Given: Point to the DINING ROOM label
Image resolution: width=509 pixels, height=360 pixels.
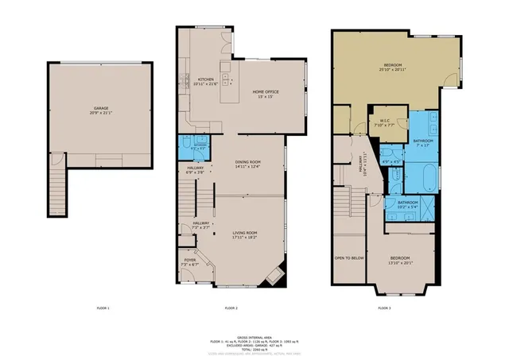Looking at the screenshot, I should [247, 165].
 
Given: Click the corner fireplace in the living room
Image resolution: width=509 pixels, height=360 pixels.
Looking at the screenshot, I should [274, 275].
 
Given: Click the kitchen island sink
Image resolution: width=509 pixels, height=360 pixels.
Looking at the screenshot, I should [227, 79].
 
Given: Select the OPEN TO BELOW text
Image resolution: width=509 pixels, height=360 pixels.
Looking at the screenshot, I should [349, 257].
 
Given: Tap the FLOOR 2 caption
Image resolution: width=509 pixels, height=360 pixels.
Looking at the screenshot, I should [231, 307].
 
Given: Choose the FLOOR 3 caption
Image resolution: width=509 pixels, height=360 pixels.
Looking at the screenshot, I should [383, 307].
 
